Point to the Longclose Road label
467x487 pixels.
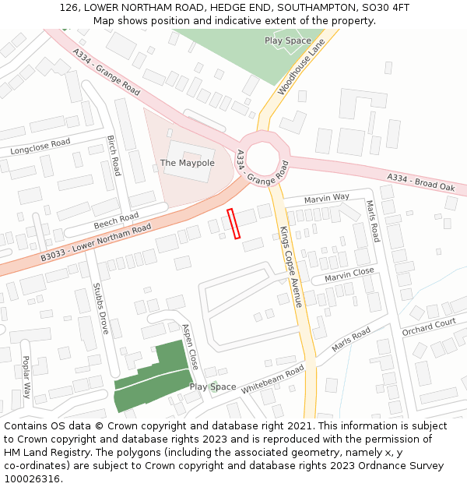coord(40,146)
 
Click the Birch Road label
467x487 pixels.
coord(114,155)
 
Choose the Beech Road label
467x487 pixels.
coord(116,221)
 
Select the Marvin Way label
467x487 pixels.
coord(327,198)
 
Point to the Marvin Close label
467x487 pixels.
coord(349,274)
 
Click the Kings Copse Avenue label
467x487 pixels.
coord(290,266)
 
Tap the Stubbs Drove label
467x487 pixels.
coord(100,308)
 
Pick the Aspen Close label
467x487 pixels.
coord(189,347)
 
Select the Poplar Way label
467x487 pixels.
coord(26,377)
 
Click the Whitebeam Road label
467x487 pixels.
coord(272,379)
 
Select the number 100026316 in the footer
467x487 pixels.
coord(33,479)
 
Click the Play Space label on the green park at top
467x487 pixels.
coord(287,41)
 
